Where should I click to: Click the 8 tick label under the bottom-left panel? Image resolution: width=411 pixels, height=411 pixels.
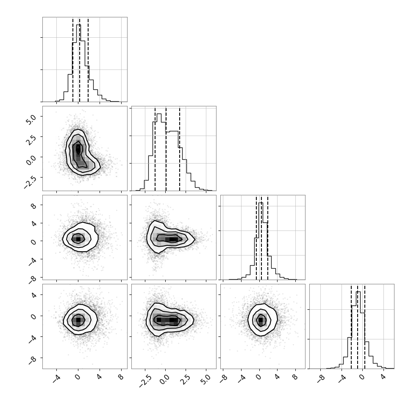click(121, 377)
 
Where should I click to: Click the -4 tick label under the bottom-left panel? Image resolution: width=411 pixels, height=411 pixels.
click(56, 378)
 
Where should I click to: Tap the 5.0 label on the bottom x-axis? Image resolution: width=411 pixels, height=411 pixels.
click(206, 379)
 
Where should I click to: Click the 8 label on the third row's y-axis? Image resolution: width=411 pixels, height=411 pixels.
click(33, 206)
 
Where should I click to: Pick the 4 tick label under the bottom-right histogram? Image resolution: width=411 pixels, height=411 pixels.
click(383, 377)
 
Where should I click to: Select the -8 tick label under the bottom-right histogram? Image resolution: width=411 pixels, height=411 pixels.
click(321, 378)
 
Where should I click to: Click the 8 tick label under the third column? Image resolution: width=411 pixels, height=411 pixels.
click(295, 377)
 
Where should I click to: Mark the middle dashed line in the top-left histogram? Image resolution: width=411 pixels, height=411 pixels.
click(79, 59)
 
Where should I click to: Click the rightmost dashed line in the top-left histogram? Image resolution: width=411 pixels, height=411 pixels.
click(88, 59)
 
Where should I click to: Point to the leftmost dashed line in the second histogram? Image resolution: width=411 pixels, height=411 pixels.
click(155, 148)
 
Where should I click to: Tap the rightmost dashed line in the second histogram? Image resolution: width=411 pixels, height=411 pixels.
click(180, 148)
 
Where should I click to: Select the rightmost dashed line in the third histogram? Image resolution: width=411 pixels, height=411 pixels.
click(268, 237)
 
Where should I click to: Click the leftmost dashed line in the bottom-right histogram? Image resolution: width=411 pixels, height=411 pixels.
click(351, 326)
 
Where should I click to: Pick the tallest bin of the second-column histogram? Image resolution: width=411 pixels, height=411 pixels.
click(159, 152)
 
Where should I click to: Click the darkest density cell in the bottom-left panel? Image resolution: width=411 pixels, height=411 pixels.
click(78, 320)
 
